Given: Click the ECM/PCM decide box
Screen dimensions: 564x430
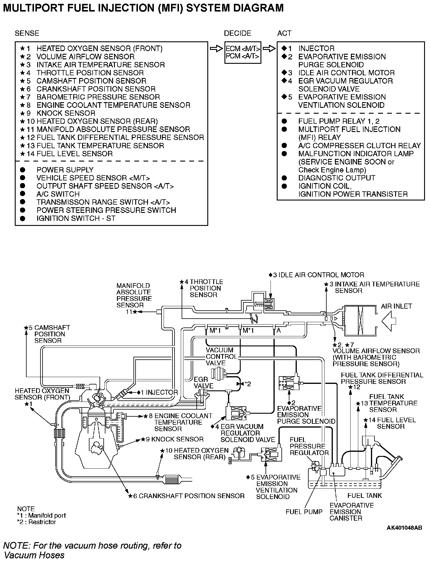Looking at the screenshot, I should click(x=243, y=52).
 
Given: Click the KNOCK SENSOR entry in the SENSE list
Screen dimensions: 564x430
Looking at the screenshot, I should click(x=66, y=113).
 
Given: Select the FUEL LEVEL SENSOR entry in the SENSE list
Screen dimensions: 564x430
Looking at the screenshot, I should click(x=74, y=154).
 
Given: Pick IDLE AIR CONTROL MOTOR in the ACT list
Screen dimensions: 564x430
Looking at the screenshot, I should click(x=346, y=73).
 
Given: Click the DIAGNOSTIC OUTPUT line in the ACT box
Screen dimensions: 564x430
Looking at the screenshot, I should click(x=336, y=178).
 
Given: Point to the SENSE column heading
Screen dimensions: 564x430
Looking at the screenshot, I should click(x=27, y=33).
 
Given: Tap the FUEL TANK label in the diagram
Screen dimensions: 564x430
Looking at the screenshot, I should click(x=364, y=495).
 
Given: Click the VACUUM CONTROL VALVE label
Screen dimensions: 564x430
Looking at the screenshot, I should click(x=221, y=357).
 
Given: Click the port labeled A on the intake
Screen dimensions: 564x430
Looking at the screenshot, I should click(x=278, y=331).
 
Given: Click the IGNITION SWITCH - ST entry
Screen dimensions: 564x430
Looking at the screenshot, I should click(x=76, y=219).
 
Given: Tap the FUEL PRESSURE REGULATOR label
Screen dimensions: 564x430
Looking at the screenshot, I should click(x=309, y=446).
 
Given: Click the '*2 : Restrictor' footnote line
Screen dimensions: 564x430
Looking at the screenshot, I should click(x=36, y=522).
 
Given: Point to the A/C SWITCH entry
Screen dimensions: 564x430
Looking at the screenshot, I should click(x=58, y=194).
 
